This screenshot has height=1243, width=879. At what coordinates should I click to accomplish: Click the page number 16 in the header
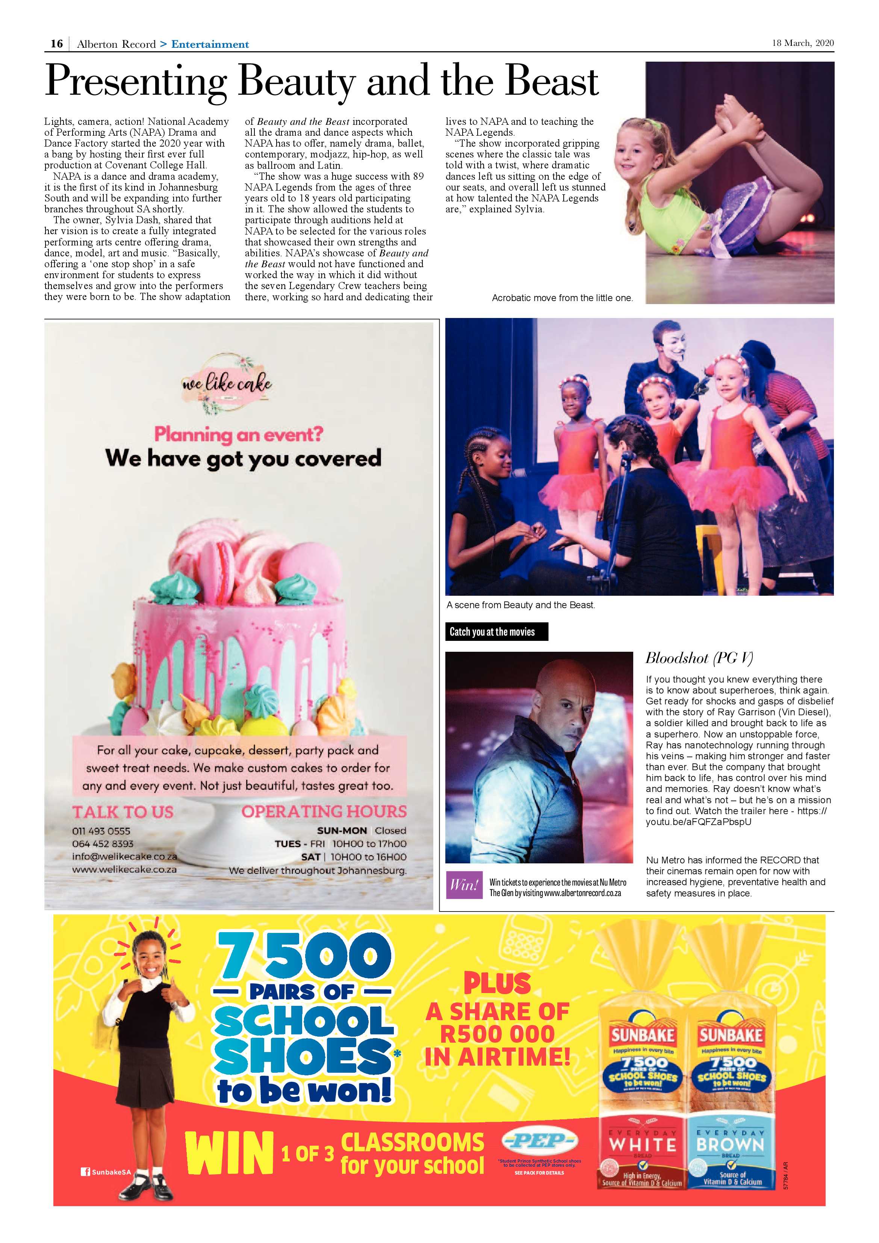(x=56, y=44)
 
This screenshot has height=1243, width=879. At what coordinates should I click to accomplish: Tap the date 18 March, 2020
(x=803, y=43)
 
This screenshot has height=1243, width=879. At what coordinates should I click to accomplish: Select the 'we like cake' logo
(x=227, y=384)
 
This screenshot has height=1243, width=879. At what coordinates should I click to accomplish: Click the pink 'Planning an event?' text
(x=239, y=434)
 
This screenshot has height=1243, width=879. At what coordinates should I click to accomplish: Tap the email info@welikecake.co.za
(x=124, y=857)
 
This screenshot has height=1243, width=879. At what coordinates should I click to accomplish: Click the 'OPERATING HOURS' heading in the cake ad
(x=324, y=812)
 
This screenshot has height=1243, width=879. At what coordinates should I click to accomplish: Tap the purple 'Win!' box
(x=464, y=885)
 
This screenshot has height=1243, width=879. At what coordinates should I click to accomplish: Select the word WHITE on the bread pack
(x=643, y=1145)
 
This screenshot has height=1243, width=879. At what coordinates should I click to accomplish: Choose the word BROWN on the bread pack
(x=731, y=1145)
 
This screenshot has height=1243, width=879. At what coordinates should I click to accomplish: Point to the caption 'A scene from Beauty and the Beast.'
(x=521, y=605)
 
